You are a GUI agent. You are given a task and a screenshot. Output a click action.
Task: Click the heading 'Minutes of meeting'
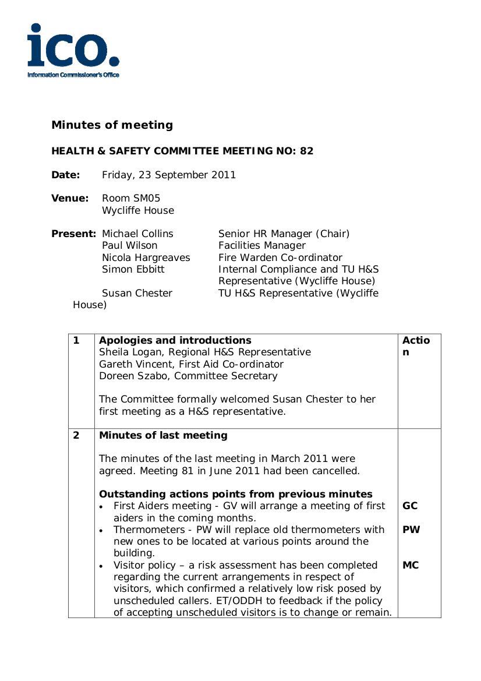(x=112, y=125)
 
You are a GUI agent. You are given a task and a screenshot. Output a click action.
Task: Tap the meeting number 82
(x=307, y=151)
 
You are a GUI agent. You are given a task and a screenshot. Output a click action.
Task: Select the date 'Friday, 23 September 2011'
(x=169, y=175)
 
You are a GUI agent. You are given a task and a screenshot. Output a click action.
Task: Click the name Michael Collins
(x=137, y=234)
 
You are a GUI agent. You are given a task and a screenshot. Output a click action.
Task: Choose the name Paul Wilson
(x=129, y=246)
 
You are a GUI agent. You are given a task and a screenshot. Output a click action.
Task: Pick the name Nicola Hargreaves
(x=146, y=257)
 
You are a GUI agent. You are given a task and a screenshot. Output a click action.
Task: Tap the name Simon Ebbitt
(x=133, y=269)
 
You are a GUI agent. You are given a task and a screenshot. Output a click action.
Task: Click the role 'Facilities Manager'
(x=262, y=246)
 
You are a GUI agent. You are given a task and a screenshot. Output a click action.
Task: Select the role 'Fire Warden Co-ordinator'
(x=280, y=257)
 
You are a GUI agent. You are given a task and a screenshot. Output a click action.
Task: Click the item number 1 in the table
(x=76, y=341)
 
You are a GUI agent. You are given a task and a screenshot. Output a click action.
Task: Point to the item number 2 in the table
(x=76, y=436)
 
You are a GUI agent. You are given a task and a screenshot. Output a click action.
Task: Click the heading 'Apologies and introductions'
(x=175, y=341)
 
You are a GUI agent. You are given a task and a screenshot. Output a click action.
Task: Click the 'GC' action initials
(x=410, y=506)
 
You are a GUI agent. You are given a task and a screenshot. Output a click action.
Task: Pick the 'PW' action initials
(x=411, y=530)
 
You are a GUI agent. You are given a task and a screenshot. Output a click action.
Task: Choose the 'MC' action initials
(x=411, y=565)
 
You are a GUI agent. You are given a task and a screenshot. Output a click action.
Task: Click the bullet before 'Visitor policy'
(x=102, y=566)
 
